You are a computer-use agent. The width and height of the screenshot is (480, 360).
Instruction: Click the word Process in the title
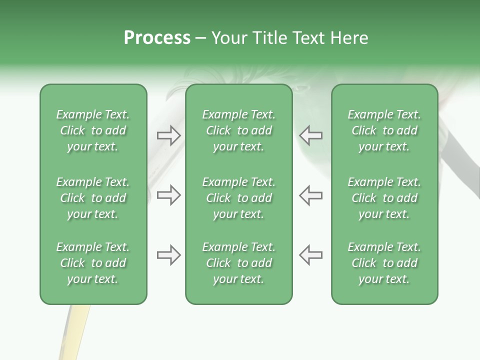pos(157,38)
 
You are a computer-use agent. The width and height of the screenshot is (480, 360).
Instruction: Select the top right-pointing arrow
pos(168,135)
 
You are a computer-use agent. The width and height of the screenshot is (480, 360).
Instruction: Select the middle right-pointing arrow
pos(168,195)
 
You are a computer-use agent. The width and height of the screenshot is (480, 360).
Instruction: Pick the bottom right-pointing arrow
pos(168,255)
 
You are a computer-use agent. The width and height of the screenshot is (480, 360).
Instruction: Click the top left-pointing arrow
pos(311,135)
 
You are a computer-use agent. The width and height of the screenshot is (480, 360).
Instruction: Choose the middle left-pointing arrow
pos(311,195)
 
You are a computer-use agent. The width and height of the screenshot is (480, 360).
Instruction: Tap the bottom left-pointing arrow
pos(311,255)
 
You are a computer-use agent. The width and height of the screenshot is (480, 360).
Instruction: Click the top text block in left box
pos(93,130)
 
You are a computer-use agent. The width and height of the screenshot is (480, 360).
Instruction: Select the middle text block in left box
pos(93,198)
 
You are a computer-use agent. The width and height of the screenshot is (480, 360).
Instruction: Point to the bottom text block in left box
pos(93,263)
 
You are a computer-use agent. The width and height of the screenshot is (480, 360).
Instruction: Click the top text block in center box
pos(238,130)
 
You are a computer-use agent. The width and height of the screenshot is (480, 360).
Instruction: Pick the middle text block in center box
pos(238,198)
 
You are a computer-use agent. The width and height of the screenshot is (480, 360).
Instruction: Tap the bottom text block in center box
pos(238,263)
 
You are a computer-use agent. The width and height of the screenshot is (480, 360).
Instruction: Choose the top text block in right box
pos(384,130)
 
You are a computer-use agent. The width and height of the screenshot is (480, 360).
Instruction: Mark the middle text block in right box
pos(384,198)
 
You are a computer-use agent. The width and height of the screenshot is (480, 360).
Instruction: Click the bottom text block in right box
pos(384,263)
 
